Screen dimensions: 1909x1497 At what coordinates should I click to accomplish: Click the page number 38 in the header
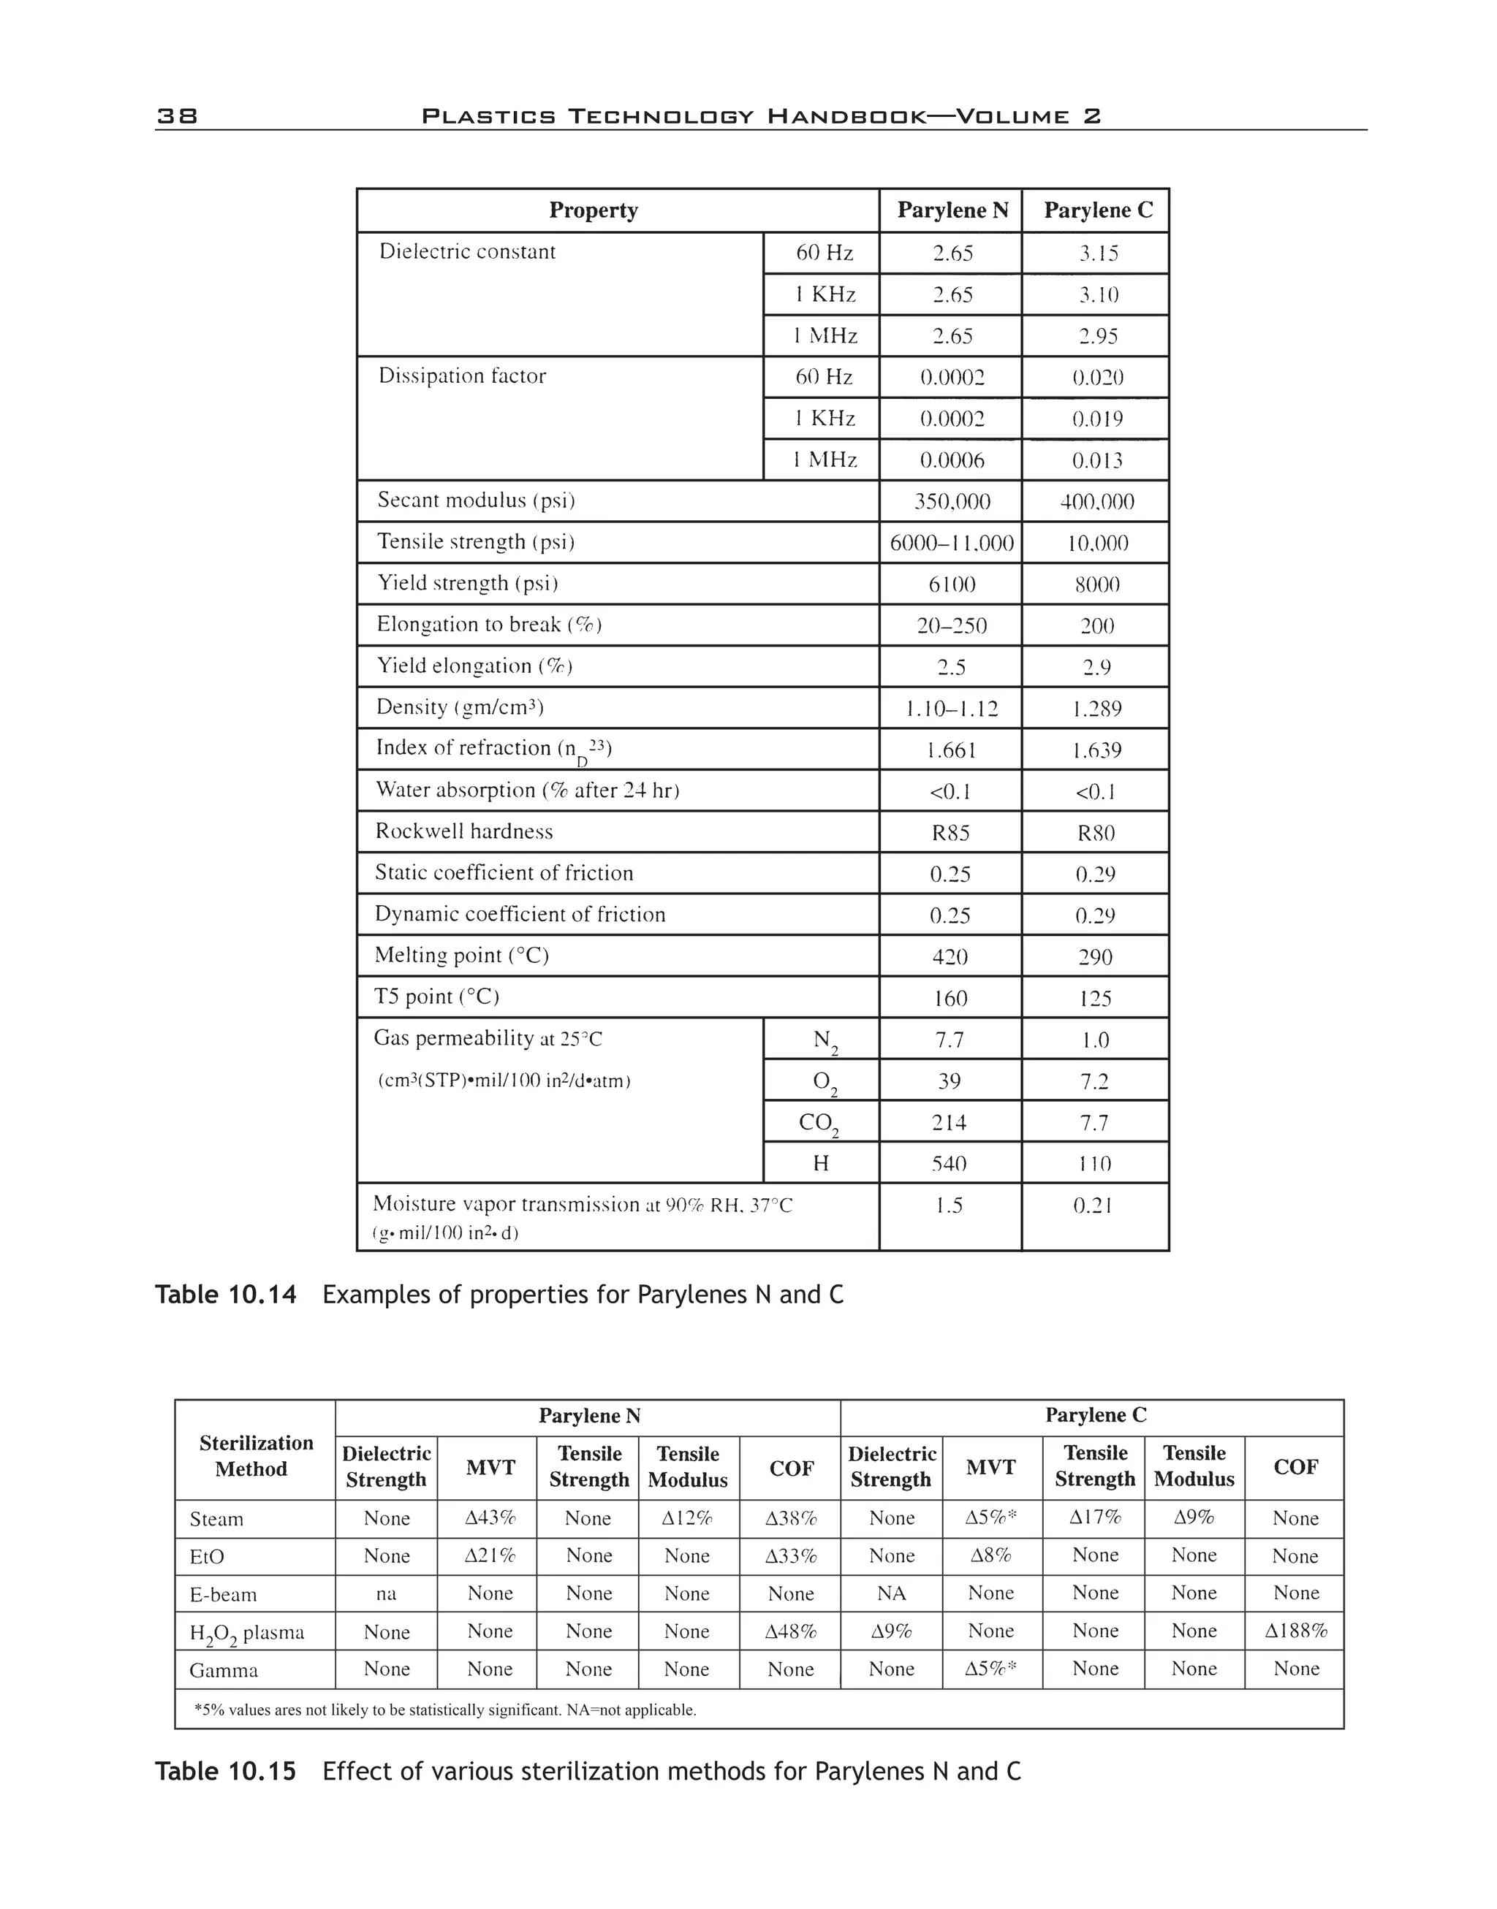[177, 115]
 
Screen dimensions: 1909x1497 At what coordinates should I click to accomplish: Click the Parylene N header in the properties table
[952, 210]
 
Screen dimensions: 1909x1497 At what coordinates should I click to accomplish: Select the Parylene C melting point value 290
[1095, 956]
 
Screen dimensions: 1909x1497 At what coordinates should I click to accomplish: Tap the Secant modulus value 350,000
[952, 502]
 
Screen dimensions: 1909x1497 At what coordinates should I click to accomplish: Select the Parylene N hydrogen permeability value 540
[950, 1164]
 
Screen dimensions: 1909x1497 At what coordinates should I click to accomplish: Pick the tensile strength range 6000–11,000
[952, 543]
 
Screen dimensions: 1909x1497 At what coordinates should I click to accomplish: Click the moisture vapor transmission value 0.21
[1093, 1205]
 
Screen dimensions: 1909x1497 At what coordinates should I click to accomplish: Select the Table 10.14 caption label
[226, 1295]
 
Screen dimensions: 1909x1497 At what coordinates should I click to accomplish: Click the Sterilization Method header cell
[255, 1455]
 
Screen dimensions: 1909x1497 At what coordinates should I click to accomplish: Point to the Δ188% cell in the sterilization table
[1295, 1631]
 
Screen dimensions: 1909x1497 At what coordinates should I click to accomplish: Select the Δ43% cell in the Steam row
[489, 1518]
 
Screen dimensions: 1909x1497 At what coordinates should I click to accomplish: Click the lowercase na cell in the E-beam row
[386, 1593]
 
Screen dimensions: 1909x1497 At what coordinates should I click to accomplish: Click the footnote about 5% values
[444, 1710]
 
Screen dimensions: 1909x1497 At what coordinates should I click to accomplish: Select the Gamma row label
[224, 1671]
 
